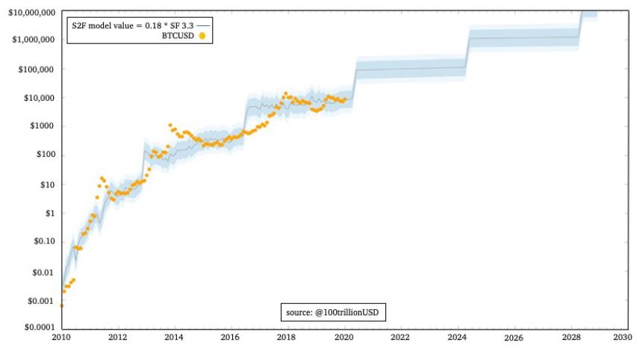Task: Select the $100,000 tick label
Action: [34, 69]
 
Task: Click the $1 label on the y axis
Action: [49, 214]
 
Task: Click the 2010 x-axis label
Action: [62, 337]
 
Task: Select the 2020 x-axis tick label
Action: [344, 337]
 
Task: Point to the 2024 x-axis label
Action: [456, 337]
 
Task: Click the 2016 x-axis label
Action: [231, 337]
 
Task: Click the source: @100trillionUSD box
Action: [333, 311]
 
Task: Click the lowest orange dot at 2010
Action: [62, 305]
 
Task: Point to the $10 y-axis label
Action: [46, 184]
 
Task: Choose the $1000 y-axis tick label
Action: [42, 126]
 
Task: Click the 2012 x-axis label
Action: [118, 337]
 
